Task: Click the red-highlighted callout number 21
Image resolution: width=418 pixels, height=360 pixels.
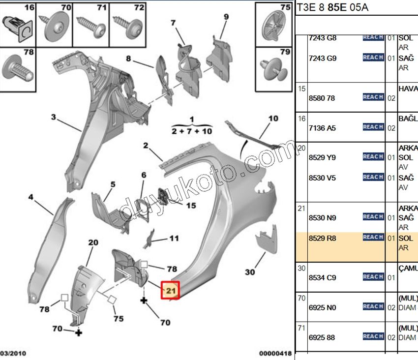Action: (171, 290)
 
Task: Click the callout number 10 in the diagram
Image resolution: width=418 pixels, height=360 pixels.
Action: (273, 118)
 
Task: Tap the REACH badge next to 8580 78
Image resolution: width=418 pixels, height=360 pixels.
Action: (373, 97)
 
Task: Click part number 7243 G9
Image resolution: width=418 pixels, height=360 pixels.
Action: (322, 58)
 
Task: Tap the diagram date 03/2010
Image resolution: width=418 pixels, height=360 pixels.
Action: (13, 353)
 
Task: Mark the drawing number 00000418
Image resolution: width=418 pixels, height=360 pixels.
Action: (275, 353)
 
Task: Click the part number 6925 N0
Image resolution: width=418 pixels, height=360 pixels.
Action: (322, 307)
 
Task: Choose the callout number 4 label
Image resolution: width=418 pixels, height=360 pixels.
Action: (30, 197)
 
